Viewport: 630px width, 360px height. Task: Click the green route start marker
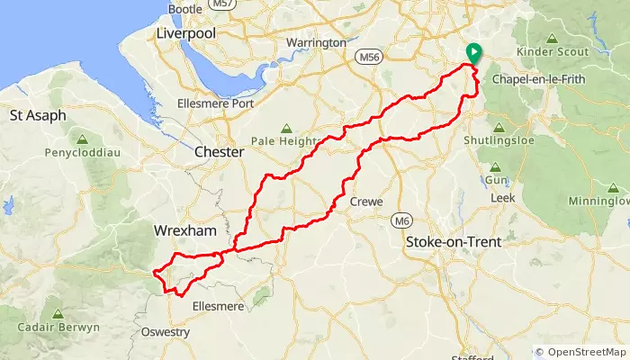point(473,54)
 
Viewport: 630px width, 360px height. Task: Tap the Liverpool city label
point(186,32)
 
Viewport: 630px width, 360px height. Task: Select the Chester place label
point(220,153)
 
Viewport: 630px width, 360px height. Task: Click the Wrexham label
point(185,230)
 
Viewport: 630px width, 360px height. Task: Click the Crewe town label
point(367,202)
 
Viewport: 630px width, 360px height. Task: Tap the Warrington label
point(315,43)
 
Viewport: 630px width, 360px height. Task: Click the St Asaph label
point(38,116)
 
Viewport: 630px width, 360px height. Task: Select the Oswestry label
point(166,332)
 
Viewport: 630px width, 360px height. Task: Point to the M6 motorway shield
point(400,220)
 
